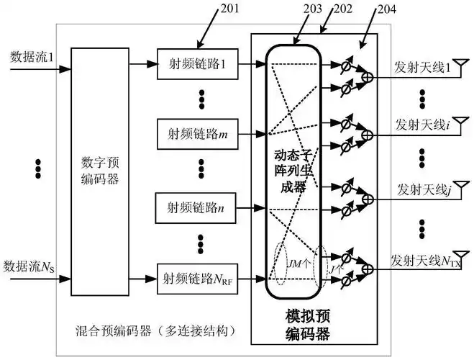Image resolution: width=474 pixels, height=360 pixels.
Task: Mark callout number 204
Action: [x=385, y=9]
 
